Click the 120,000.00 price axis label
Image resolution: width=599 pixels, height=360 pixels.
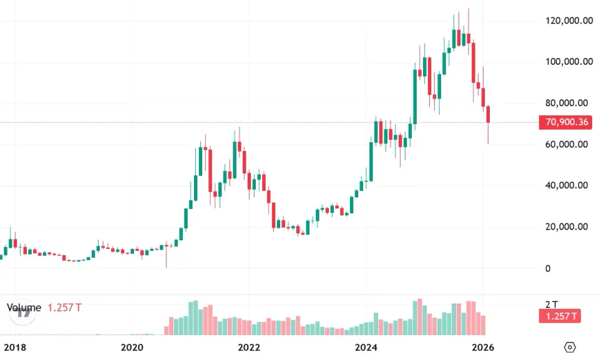568,21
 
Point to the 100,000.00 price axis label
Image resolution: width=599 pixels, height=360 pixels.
568,62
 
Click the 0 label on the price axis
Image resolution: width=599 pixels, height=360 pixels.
548,268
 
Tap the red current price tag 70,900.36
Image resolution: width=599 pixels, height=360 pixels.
567,122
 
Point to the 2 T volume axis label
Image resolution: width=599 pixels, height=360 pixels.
551,304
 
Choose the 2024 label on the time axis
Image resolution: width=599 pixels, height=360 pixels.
367,347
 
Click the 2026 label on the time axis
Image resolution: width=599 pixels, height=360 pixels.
483,347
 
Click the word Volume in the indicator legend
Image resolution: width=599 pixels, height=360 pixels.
24,308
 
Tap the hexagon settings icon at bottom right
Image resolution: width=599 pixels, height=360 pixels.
569,347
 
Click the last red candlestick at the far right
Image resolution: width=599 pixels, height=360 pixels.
489,115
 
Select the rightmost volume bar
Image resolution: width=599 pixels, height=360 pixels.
483,325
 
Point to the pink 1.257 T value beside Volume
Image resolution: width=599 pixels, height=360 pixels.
65,308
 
